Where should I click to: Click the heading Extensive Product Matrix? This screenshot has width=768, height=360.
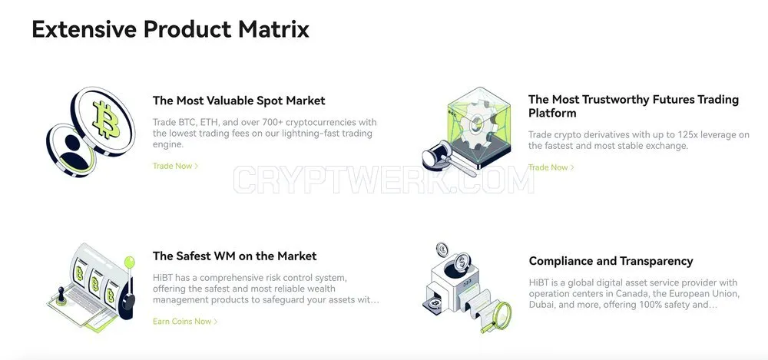[x=170, y=29]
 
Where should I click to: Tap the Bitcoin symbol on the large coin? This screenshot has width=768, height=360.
[x=106, y=119]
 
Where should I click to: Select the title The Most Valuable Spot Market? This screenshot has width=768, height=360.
[x=239, y=101]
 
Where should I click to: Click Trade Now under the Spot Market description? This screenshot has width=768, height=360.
[x=175, y=166]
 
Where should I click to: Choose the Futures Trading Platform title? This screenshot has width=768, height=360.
[x=634, y=106]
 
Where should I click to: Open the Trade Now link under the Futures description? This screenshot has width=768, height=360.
[x=551, y=167]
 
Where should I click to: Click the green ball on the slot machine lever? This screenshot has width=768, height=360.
[x=130, y=262]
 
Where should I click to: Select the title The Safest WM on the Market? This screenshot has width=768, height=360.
[x=234, y=256]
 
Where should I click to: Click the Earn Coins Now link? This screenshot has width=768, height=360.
[x=185, y=322]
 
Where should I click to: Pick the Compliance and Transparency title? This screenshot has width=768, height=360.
[x=611, y=261]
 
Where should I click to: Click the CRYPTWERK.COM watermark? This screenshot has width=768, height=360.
[x=383, y=180]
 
